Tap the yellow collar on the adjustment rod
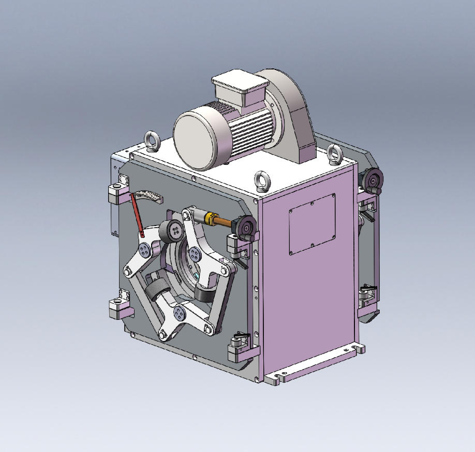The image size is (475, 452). (x=211, y=218)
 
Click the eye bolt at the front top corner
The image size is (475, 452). (x=261, y=181)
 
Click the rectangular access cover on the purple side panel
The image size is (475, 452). (x=312, y=224)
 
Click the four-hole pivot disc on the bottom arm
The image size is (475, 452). (x=180, y=313)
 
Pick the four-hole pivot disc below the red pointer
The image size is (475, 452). (x=144, y=251)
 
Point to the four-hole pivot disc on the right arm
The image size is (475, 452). (x=195, y=253)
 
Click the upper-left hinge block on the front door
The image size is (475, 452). (x=117, y=195)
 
